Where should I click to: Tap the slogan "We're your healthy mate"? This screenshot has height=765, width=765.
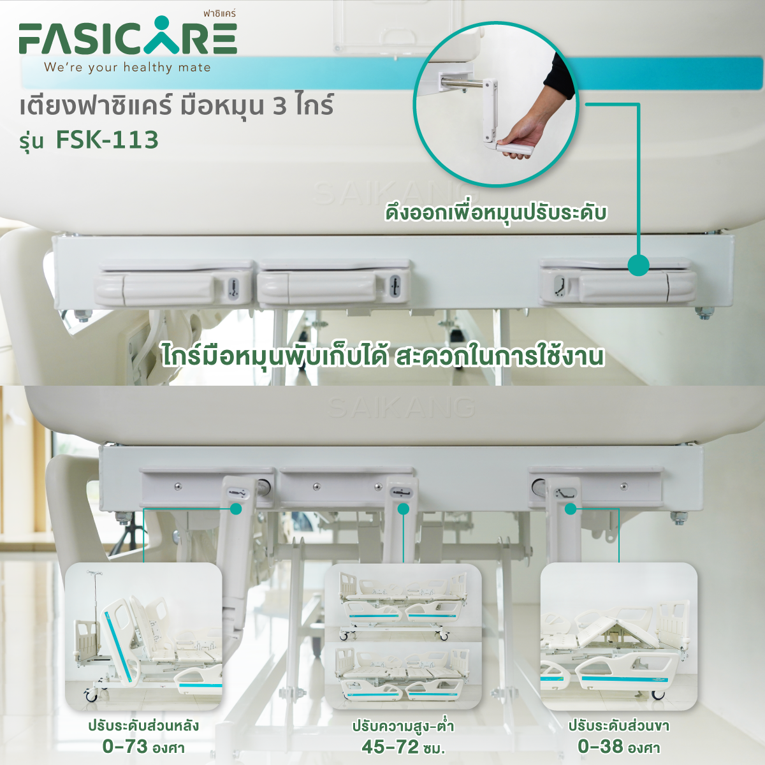pos(127,68)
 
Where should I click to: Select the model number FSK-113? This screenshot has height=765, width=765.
pos(107,140)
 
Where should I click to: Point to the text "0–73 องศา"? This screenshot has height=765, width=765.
pos(143,747)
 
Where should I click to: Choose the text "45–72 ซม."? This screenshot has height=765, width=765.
pos(403,747)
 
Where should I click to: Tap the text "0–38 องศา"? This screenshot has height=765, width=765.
pos(618,747)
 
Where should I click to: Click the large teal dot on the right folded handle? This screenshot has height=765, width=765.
pos(638,265)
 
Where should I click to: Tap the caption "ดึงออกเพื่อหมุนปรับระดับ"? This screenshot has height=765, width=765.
pos(496,213)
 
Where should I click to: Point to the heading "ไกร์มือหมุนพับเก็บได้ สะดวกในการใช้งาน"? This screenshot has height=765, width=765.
pos(383,357)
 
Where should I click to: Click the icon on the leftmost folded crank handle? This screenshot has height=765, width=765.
pos(234,289)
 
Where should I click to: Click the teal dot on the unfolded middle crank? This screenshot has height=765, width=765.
pos(404,509)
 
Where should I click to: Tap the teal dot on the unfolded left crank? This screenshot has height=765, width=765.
pos(237,509)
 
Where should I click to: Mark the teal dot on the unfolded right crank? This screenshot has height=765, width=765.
pos(571,509)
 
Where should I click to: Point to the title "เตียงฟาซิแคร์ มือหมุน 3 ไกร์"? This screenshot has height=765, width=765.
pos(177,106)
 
